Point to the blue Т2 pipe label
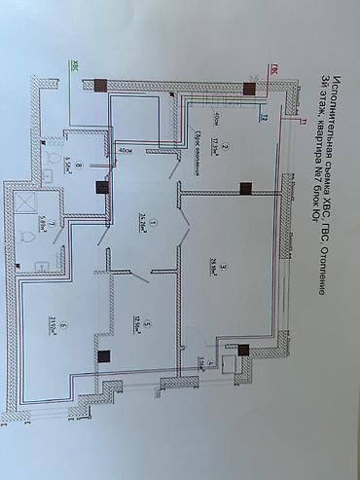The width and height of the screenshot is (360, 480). [x=264, y=118]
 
